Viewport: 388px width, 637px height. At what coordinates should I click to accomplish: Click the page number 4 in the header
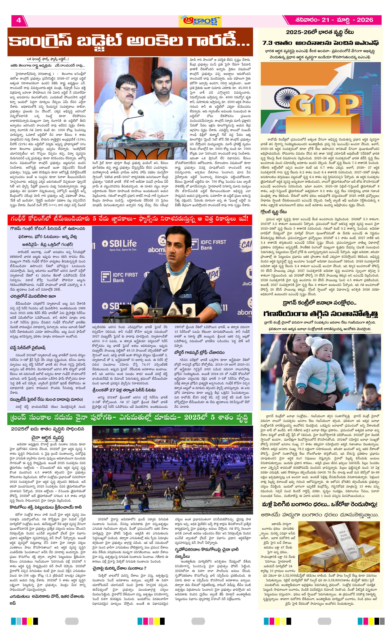[18, 20]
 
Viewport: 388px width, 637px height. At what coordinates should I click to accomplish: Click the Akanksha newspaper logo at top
[200, 21]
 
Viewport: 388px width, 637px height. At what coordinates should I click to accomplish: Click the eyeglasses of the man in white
[126, 89]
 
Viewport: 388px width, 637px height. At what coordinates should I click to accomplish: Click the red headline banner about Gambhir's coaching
[129, 219]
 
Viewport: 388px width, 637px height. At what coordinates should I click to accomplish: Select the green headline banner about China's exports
[129, 418]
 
